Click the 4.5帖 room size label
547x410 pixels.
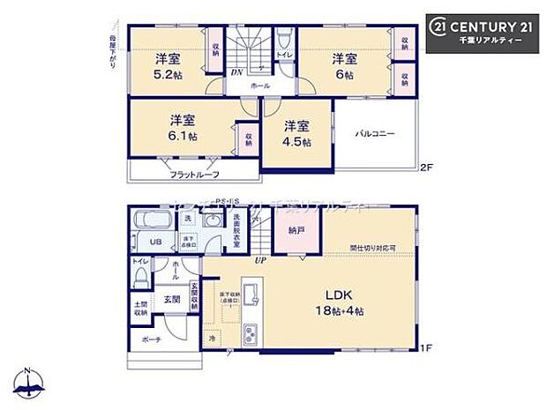pos(297,142)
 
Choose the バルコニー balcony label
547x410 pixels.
pos(375,134)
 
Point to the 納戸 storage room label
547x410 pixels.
pos(296,229)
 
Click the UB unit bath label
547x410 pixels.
pos(154,242)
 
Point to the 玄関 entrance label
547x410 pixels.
pos(170,300)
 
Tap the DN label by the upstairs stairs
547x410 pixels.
pos(237,72)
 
